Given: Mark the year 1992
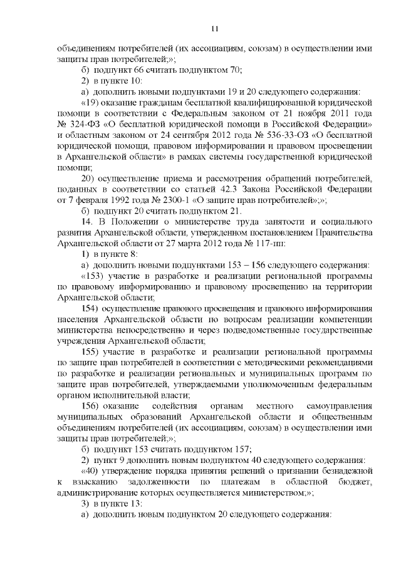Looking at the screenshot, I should point(124,200).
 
